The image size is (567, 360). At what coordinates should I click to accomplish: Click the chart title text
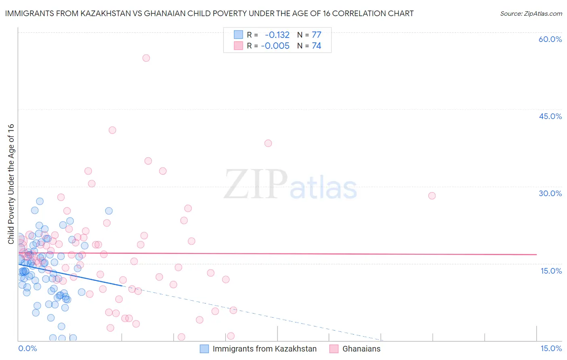[x=209, y=14]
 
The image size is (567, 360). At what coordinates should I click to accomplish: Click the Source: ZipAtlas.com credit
[x=531, y=14]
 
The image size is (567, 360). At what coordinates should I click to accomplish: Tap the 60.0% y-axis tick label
[x=550, y=39]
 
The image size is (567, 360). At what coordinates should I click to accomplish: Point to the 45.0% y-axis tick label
[x=550, y=116]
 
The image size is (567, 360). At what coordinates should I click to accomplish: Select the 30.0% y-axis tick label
[x=550, y=193]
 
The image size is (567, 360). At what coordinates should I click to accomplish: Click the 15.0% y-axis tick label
[x=551, y=271]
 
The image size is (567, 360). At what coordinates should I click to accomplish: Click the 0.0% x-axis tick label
[x=27, y=348]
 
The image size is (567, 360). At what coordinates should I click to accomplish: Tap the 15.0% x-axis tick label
[x=551, y=348]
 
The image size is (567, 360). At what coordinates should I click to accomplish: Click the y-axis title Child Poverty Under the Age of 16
[x=11, y=184]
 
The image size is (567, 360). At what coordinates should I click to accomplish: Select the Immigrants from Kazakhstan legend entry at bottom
[x=264, y=349]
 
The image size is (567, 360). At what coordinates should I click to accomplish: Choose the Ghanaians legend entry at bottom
[x=361, y=349]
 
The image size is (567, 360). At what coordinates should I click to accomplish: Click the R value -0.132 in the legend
[x=277, y=35]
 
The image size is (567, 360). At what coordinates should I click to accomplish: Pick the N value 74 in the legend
[x=317, y=46]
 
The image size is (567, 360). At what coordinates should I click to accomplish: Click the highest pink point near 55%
[x=146, y=58]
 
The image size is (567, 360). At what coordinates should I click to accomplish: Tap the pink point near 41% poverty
[x=112, y=130]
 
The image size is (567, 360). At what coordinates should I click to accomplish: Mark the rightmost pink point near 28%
[x=432, y=196]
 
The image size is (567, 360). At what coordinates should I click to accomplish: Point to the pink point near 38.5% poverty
[x=268, y=143]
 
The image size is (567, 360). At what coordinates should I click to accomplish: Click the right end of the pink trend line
[x=536, y=255]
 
